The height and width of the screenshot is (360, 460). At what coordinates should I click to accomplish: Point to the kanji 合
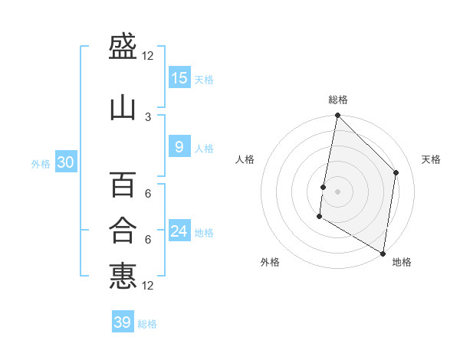[x=123, y=230]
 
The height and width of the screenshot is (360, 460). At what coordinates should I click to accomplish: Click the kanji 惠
[x=123, y=276]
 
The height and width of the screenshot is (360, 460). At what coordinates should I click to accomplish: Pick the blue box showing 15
[x=179, y=78]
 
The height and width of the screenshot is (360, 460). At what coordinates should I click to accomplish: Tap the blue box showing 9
[x=179, y=147]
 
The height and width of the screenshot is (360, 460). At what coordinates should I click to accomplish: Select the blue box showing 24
[x=179, y=231]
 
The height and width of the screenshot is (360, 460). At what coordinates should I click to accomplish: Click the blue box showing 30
[x=66, y=162]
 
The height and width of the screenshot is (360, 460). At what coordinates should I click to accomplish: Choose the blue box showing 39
[x=123, y=322]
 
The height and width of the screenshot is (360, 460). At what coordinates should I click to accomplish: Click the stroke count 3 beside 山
[x=148, y=116]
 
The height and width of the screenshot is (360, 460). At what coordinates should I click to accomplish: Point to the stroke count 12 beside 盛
[x=148, y=56]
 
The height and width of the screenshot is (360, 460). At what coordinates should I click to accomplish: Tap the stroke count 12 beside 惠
[x=148, y=286]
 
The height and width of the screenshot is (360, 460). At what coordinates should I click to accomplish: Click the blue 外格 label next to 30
[x=41, y=163]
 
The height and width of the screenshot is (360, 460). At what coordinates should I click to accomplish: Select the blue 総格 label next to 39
[x=147, y=324]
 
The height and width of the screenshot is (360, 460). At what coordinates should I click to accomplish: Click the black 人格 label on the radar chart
[x=245, y=159]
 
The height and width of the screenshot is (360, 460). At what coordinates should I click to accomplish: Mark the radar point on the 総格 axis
[x=337, y=116]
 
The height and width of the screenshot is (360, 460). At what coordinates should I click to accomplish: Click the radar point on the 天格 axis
[x=396, y=172]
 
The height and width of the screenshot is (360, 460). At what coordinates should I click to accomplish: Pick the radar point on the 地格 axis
[x=383, y=253]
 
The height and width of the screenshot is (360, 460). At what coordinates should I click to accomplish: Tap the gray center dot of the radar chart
[x=337, y=191]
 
